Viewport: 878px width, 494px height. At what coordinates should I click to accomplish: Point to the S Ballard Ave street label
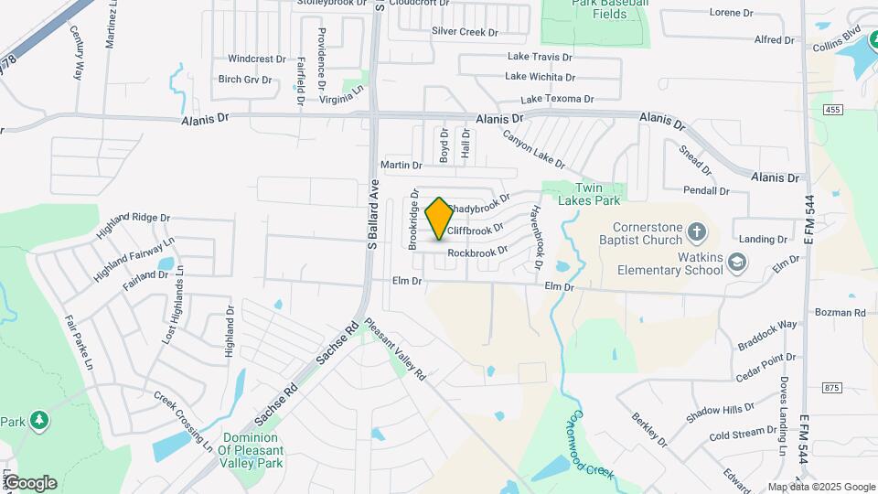373,213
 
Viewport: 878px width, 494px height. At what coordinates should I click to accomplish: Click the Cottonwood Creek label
581,447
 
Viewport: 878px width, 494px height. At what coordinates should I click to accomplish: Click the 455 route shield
831,110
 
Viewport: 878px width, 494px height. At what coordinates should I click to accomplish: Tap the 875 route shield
831,388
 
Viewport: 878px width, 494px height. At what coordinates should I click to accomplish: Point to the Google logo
30,483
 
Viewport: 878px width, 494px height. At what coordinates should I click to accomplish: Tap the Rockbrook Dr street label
477,252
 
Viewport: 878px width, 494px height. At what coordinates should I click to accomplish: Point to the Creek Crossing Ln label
183,422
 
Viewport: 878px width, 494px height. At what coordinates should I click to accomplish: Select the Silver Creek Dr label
465,32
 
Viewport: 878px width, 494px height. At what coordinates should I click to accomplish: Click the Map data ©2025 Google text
821,487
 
